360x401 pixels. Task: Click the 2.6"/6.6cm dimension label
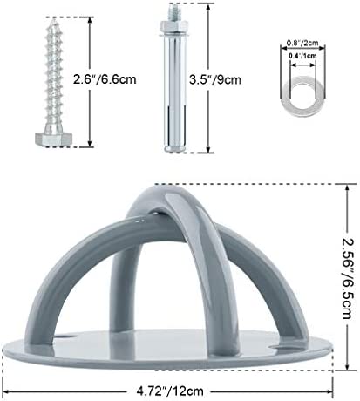(x=105, y=79)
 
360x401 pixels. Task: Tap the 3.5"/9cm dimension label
(x=215, y=79)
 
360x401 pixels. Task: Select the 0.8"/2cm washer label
(x=302, y=43)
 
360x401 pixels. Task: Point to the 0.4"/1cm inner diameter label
(x=302, y=56)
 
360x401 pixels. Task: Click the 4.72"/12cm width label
(x=170, y=391)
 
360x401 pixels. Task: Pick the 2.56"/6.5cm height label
(x=347, y=278)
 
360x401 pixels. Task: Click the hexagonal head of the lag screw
(x=54, y=139)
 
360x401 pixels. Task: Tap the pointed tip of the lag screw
(x=54, y=19)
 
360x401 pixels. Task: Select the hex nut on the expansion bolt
(x=173, y=27)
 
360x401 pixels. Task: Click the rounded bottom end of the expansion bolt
(x=174, y=149)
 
